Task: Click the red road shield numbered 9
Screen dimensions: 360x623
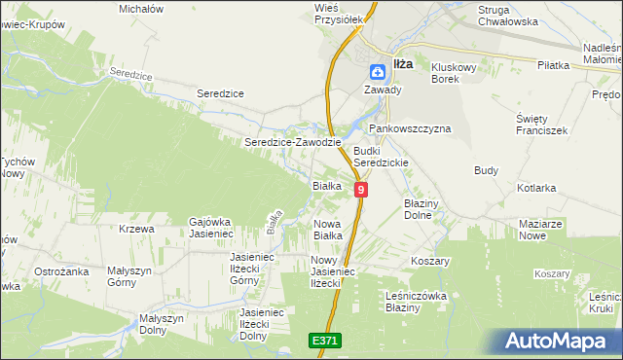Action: point(361,190)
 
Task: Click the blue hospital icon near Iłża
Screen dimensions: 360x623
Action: point(377,71)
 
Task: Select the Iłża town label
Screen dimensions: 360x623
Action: point(402,64)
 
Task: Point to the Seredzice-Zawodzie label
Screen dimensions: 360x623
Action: point(292,142)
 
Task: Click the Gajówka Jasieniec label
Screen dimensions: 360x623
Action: point(216,228)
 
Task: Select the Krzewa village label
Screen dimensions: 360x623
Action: point(136,230)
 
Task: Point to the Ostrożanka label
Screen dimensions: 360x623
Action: point(61,271)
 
